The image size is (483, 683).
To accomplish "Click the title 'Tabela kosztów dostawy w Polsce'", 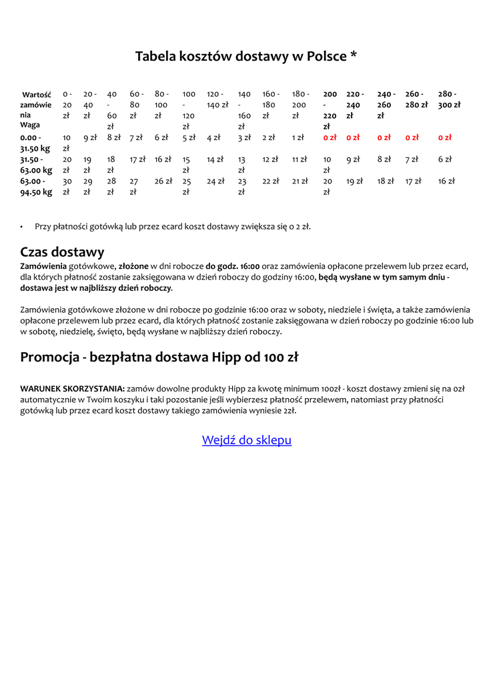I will coord(246,56).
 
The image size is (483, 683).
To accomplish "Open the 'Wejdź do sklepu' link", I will coord(246,440).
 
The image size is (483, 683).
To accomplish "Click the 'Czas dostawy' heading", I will coord(62,252).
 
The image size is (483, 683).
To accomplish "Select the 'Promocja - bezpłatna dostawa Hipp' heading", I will coord(159,357).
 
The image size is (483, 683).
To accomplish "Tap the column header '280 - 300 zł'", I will coord(448,99).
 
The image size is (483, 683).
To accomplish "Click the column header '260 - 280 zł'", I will coord(416,99).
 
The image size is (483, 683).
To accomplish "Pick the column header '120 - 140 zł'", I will coord(217,99).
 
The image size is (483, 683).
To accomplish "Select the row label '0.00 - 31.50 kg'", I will coord(35,143).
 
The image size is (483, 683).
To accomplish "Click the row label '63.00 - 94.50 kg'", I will coord(35,186).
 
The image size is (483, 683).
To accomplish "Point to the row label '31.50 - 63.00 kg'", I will coord(35,165).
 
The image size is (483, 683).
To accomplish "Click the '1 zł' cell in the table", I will coord(298,137).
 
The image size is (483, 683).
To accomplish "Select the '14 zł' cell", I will coord(215,159).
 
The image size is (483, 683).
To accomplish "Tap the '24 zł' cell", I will coord(215,181).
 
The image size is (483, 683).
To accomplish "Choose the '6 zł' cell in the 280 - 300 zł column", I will coord(445,159).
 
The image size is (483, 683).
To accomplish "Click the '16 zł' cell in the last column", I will coord(446,181).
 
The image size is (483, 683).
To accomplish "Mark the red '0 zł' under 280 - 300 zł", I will coord(445,137).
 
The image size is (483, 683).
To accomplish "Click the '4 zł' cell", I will coord(213,137).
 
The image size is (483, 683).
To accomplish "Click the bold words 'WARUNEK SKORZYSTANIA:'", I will coord(72,388).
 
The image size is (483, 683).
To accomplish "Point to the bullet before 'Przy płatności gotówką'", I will coord(22,227).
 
